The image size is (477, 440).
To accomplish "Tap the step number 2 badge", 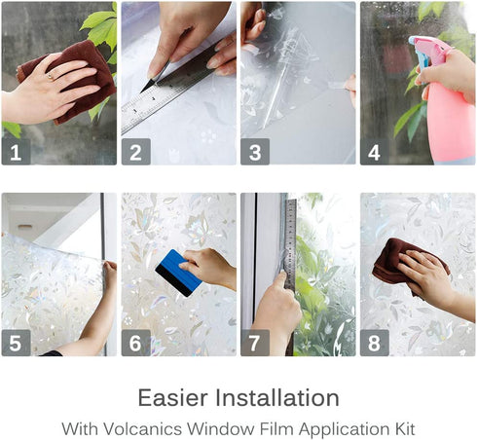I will [x=135, y=150].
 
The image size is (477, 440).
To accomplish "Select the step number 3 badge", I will [x=255, y=150].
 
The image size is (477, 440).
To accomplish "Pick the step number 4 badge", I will [x=375, y=150].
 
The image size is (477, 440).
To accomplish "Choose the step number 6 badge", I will [x=135, y=343].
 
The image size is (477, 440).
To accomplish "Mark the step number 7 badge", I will [x=255, y=343].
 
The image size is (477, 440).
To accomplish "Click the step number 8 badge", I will [x=375, y=343].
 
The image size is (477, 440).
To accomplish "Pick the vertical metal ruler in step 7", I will [x=289, y=243].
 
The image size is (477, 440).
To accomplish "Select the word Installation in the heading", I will [x=279, y=398].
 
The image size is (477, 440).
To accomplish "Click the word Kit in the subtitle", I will [x=404, y=427].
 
